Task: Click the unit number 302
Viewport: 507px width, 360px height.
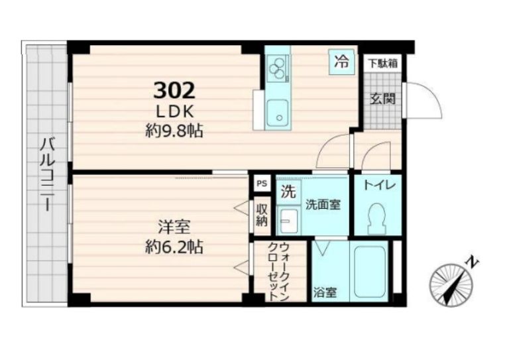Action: [x=174, y=90]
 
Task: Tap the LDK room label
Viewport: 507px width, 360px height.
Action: [x=175, y=112]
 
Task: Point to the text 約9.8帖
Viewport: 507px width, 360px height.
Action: [x=174, y=131]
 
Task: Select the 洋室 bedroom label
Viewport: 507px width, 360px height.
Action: [x=174, y=227]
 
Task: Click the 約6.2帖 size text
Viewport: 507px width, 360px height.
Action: [x=174, y=247]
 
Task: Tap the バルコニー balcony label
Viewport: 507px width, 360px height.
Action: [x=47, y=174]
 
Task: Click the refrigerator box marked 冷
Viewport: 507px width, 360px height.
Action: [x=341, y=62]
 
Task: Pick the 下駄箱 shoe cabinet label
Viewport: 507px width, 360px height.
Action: [x=383, y=64]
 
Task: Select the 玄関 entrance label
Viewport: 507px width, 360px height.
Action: [x=383, y=99]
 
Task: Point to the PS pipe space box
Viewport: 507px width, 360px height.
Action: [x=262, y=184]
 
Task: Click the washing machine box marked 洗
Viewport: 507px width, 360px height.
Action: [x=288, y=192]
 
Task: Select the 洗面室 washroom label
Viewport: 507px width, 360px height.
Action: [x=323, y=205]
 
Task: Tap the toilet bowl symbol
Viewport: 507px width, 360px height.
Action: [x=376, y=219]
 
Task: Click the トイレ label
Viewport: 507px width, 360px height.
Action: [x=380, y=186]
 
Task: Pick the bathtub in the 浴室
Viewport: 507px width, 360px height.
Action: [x=370, y=272]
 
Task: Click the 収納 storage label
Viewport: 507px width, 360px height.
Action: [x=262, y=215]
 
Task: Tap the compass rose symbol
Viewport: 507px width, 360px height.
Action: [x=451, y=284]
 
